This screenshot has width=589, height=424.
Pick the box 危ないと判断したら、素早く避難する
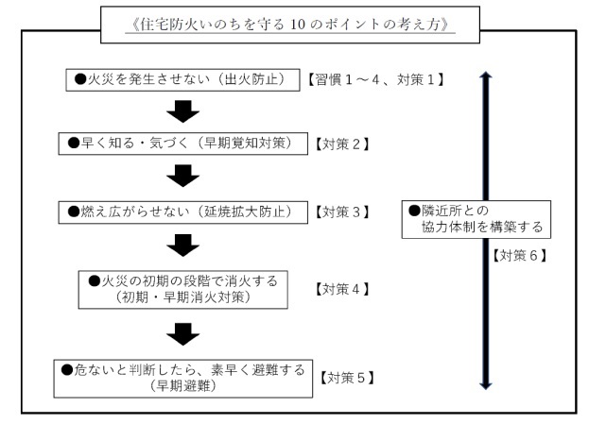click(183, 375)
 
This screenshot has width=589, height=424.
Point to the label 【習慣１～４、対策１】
click(375, 78)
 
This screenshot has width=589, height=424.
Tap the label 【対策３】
click(340, 212)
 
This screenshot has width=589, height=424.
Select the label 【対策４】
click(339, 287)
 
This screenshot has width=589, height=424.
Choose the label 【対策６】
click(516, 256)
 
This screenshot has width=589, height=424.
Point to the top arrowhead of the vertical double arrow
click(486, 76)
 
